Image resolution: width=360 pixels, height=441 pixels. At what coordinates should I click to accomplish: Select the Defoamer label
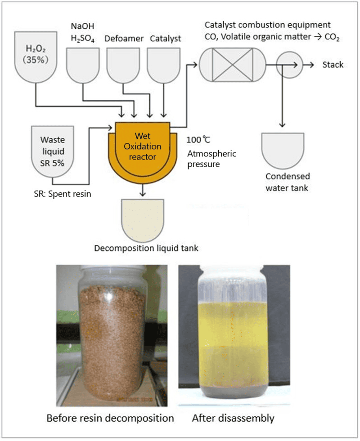(124, 39)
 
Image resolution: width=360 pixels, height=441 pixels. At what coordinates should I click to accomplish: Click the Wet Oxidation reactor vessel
(142, 148)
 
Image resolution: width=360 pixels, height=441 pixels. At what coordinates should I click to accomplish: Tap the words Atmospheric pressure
(211, 159)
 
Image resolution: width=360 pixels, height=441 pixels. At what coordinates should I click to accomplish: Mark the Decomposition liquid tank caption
(146, 248)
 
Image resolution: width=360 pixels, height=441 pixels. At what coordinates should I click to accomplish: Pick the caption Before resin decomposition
(110, 418)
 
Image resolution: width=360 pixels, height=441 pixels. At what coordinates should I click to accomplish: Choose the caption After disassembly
(233, 418)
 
